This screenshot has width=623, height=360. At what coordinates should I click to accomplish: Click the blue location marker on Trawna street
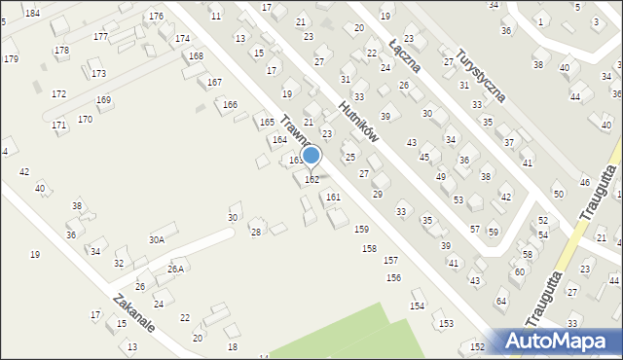pyautogui.click(x=311, y=156)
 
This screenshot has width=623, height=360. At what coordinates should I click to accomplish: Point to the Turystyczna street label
pyautogui.click(x=483, y=75)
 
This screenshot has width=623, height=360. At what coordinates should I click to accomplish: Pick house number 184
pyautogui.click(x=33, y=13)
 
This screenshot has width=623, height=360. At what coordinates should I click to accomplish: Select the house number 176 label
pyautogui.click(x=156, y=17)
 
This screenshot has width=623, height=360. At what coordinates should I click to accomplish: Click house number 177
pyautogui.click(x=100, y=36)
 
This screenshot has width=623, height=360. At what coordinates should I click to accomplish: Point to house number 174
pyautogui.click(x=182, y=39)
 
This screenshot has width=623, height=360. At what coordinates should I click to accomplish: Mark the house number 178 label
pyautogui.click(x=61, y=50)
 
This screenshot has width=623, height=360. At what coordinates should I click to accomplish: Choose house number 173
pyautogui.click(x=98, y=73)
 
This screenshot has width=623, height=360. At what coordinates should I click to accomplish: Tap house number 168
pyautogui.click(x=197, y=56)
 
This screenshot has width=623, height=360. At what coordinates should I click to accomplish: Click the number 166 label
pyautogui.click(x=230, y=104)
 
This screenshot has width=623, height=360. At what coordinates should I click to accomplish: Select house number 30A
pyautogui.click(x=156, y=239)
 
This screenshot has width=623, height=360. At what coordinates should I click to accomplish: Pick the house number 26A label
pyautogui.click(x=175, y=269)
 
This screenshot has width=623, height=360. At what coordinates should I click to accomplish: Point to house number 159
pyautogui.click(x=361, y=229)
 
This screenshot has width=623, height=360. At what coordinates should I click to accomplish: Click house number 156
pyautogui.click(x=393, y=277)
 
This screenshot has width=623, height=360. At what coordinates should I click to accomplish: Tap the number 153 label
pyautogui.click(x=446, y=323)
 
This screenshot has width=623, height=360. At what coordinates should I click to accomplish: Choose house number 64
pyautogui.click(x=501, y=302)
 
